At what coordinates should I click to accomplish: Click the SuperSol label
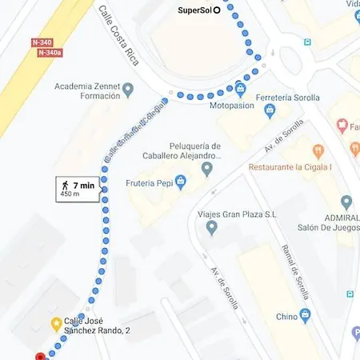tap(194, 11)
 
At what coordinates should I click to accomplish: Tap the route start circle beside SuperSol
tap(217, 11)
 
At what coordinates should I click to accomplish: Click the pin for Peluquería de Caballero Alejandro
tap(207, 169)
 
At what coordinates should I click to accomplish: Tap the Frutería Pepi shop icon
tap(181, 183)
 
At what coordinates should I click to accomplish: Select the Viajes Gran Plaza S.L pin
tap(212, 228)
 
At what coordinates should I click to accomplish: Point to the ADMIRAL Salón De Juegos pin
tap(346, 202)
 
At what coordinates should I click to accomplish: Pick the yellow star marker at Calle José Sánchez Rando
tap(56, 324)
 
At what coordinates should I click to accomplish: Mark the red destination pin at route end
tap(40, 357)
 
